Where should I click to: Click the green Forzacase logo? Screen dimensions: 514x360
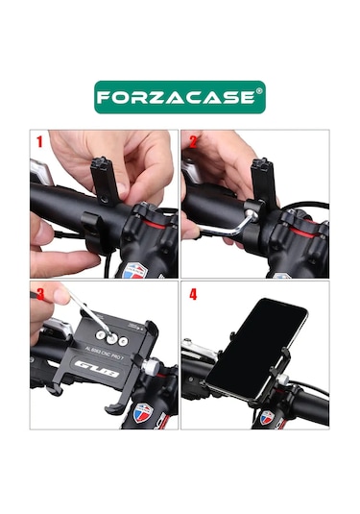[x=180, y=97]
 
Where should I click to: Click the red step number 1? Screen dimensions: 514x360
[x=39, y=142]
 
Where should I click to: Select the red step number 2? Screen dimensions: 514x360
[x=193, y=142]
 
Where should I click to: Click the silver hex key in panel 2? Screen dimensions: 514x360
[x=229, y=220]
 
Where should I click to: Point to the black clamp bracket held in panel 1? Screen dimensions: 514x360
[x=105, y=175]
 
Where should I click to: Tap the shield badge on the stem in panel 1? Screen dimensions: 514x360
[x=137, y=270]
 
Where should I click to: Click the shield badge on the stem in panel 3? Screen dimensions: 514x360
[x=142, y=416]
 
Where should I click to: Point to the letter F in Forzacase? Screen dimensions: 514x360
[x=108, y=97]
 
